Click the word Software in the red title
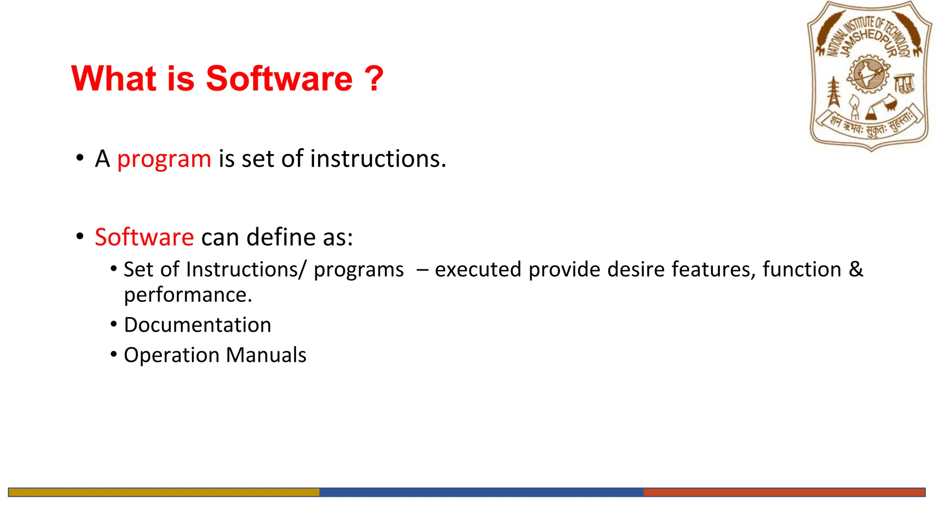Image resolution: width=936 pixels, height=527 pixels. pyautogui.click(x=279, y=79)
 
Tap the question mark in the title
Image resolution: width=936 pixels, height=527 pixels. pyautogui.click(x=374, y=79)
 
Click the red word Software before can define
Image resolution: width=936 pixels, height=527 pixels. pyautogui.click(x=144, y=237)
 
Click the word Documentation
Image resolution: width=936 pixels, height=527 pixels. pyautogui.click(x=197, y=325)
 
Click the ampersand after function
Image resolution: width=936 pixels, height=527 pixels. pyautogui.click(x=856, y=269)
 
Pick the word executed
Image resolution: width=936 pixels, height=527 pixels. pyautogui.click(x=478, y=269)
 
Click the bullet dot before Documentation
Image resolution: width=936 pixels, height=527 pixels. pyautogui.click(x=114, y=324)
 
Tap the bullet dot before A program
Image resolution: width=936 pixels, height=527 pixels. pyautogui.click(x=80, y=158)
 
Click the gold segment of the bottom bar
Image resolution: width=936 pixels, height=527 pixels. pyautogui.click(x=164, y=492)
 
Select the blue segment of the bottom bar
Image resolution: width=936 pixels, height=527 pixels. pyautogui.click(x=481, y=492)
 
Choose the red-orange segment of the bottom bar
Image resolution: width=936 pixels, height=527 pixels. pyautogui.click(x=784, y=492)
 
